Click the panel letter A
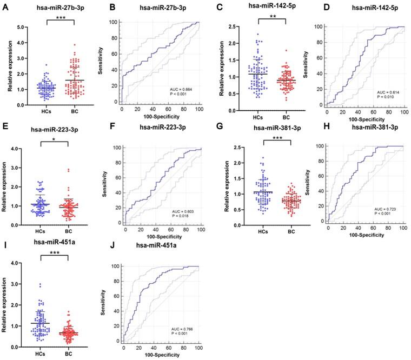point(5,8)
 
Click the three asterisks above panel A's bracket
point(58,18)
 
